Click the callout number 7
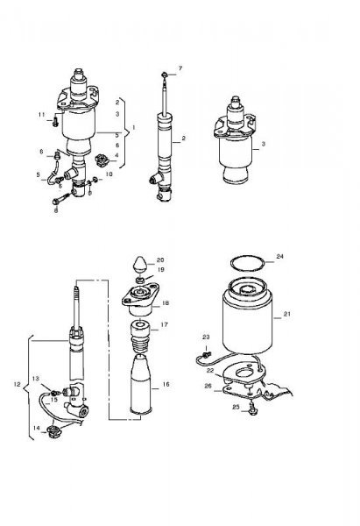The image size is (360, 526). [180, 68]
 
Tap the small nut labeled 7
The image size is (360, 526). [165, 75]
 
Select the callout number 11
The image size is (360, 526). [41, 115]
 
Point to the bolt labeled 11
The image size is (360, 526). [55, 123]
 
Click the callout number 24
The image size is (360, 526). [280, 256]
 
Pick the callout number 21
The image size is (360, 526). [287, 314]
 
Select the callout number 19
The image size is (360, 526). [161, 270]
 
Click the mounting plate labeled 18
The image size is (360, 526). [140, 299]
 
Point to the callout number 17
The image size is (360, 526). [165, 324]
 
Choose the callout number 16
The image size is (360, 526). [166, 385]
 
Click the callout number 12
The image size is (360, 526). [18, 385]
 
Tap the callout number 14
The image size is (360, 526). [37, 428]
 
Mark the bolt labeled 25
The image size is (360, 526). [252, 410]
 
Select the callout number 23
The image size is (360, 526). [206, 338]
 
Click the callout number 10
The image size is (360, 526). [109, 174]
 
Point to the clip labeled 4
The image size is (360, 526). [101, 160]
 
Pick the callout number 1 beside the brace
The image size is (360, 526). [134, 127]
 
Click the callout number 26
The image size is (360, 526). [208, 386]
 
